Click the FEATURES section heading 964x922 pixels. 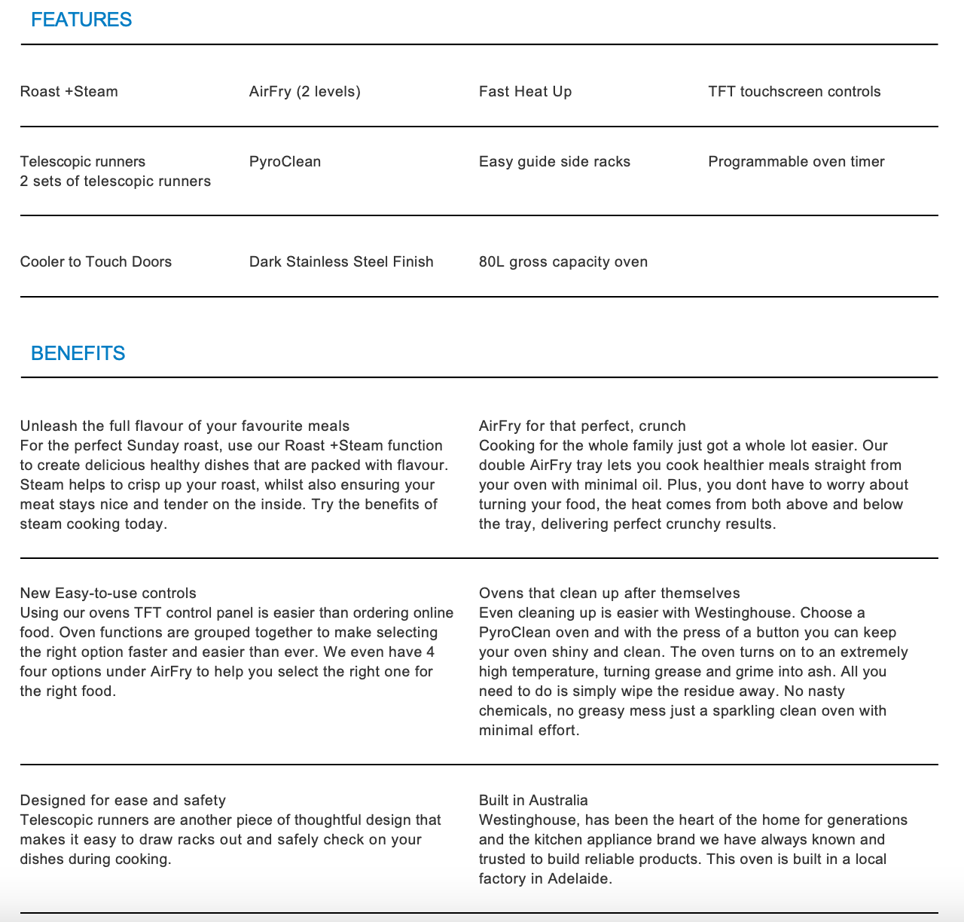click(81, 20)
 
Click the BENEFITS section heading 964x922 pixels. click(78, 353)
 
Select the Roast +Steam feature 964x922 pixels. click(69, 92)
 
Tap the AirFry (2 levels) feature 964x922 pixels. click(305, 92)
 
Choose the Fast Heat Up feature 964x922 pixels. click(525, 92)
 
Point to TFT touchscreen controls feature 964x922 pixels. click(794, 92)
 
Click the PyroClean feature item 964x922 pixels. click(285, 162)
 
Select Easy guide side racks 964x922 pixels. click(554, 162)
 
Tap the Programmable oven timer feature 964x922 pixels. click(796, 162)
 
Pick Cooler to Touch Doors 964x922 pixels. click(96, 262)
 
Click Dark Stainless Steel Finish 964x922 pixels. click(341, 262)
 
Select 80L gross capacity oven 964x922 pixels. click(563, 262)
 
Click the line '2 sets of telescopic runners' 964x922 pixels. click(115, 182)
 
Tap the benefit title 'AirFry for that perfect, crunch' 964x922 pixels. click(582, 426)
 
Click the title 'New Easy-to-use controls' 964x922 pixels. click(108, 594)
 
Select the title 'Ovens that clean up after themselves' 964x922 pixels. click(609, 594)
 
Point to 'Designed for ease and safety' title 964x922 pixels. click(123, 801)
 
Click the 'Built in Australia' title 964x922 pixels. click(533, 801)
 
